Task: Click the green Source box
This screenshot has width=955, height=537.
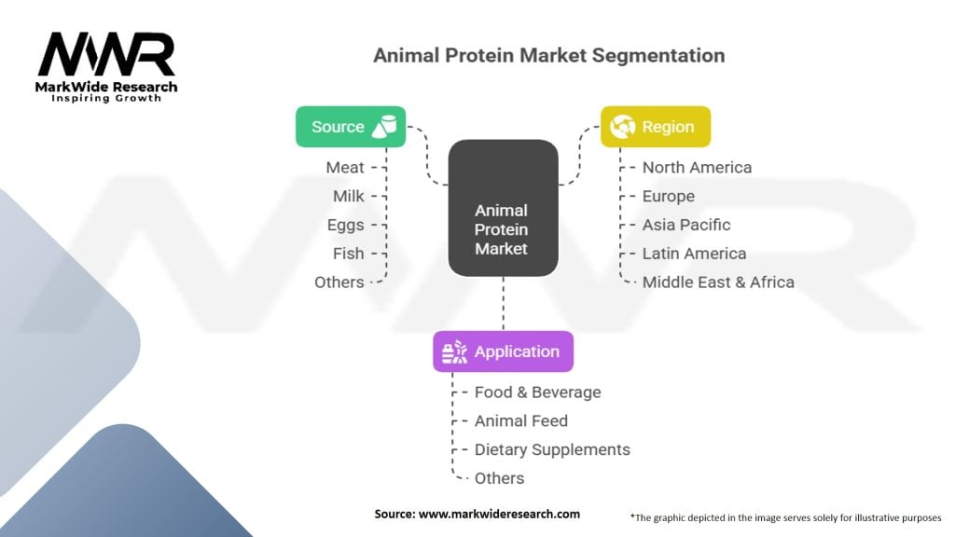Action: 351,127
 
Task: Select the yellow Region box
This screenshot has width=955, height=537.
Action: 656,127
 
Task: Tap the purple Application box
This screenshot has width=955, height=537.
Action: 503,351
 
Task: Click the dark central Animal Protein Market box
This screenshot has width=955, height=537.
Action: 503,208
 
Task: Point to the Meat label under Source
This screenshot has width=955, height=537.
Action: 345,168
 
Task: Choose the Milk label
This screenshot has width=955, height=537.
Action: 349,196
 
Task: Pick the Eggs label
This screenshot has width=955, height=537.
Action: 345,226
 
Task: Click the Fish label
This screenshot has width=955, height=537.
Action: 349,254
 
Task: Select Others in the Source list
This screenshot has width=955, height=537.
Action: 339,282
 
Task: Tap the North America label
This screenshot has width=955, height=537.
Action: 697,168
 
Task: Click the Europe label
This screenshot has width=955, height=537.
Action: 668,196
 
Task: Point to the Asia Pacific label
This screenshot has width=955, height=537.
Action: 686,225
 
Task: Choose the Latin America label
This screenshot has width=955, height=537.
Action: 694,254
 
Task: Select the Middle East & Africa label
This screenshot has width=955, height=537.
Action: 718,282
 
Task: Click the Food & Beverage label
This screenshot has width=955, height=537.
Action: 538,392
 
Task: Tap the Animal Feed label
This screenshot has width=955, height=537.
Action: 521,420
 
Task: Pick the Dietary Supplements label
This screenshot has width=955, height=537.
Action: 552,449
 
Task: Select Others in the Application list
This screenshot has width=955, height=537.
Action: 500,478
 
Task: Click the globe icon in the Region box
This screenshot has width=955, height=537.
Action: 622,127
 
